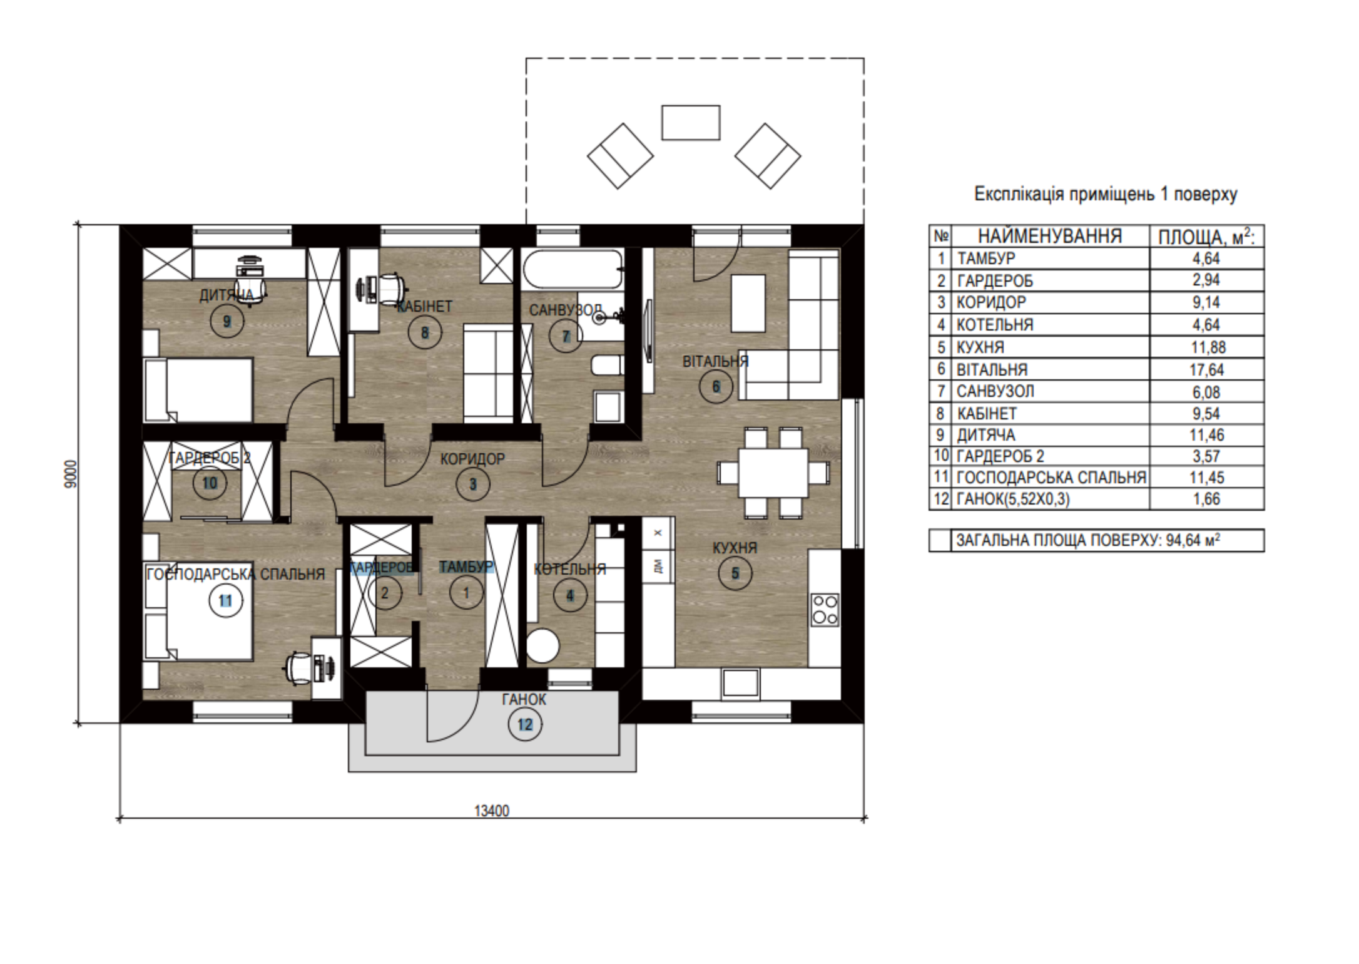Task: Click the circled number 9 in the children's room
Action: (227, 322)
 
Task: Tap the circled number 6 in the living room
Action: (716, 387)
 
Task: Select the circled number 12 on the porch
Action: (525, 725)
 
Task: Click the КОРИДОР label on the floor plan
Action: (472, 459)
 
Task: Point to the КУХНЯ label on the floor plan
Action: (735, 548)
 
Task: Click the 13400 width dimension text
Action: (492, 811)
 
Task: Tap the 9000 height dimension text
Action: (71, 474)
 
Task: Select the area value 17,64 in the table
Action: (1206, 370)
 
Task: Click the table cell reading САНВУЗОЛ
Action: (995, 392)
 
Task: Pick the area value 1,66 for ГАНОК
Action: (1206, 499)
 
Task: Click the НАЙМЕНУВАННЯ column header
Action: (1049, 236)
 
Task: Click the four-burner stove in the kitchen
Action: (825, 610)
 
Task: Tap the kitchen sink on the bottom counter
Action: (740, 684)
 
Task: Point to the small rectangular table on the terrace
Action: (691, 123)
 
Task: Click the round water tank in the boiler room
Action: (542, 647)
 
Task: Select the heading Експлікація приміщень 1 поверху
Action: (1106, 194)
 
